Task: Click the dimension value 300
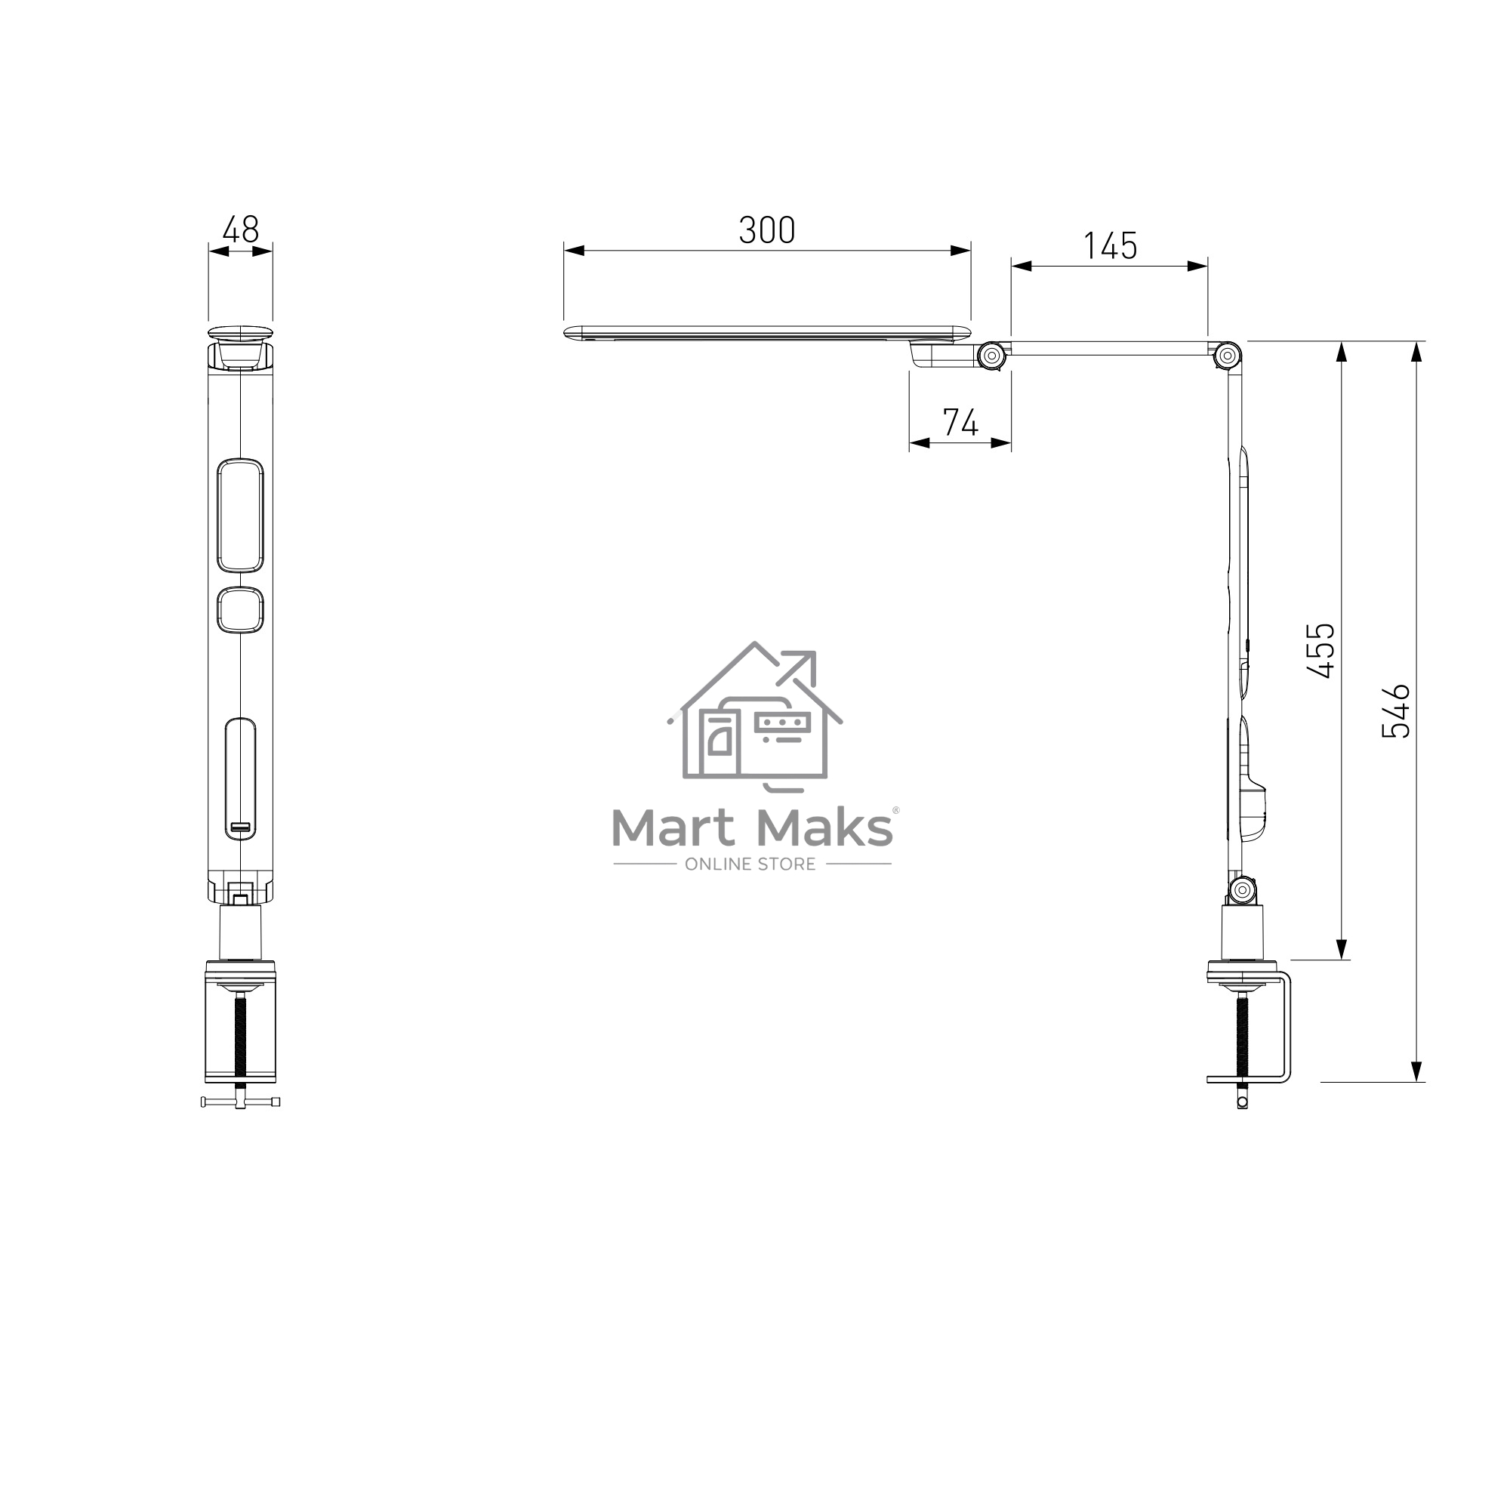[x=767, y=230]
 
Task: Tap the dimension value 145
[x=1110, y=246]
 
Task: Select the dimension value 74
[x=960, y=423]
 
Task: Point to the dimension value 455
[x=1320, y=650]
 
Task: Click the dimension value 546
[x=1395, y=711]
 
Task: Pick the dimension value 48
[x=241, y=230]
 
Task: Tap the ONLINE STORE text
[x=750, y=864]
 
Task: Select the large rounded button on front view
[x=240, y=515]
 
